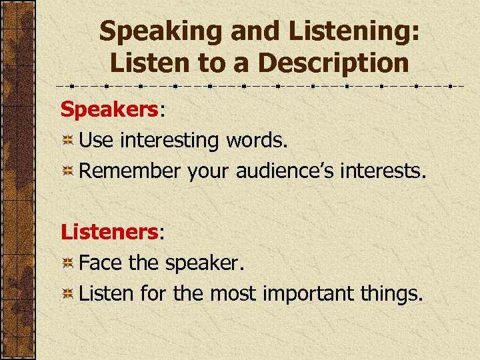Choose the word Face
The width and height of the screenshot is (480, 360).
pyautogui.click(x=101, y=263)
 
